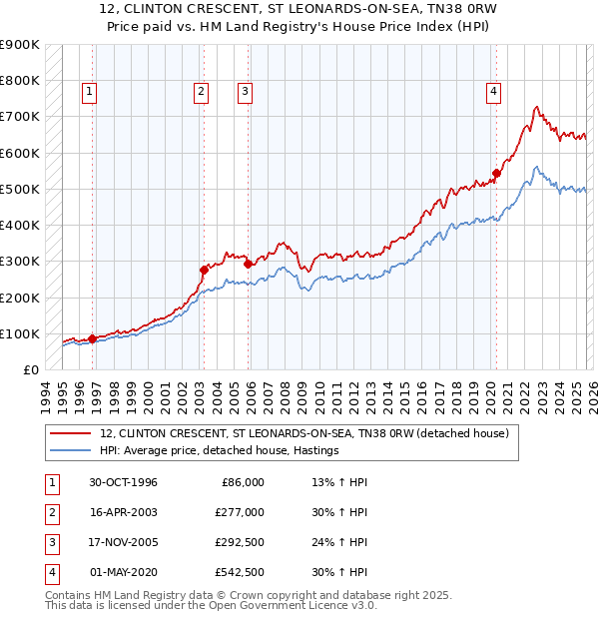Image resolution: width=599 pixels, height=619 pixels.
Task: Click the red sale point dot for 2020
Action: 496,173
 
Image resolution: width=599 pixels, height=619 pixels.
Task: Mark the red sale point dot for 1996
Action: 93,338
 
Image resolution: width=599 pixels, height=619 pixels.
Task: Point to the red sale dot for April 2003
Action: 204,269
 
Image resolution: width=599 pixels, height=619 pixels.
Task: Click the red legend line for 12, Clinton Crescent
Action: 70,433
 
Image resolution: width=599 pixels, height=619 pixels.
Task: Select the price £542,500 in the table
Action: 240,572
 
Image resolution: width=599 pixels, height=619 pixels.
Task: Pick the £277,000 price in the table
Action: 240,512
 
